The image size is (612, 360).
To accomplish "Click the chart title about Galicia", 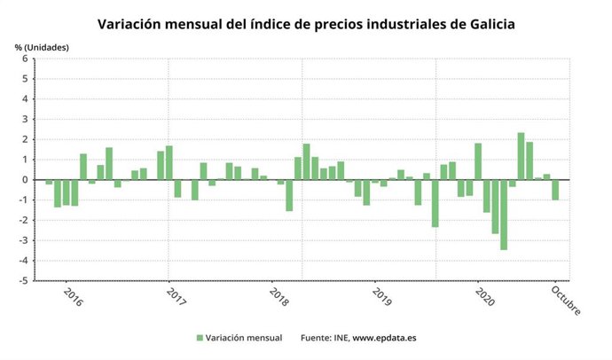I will click(x=306, y=22).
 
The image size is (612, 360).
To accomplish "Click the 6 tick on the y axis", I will click(x=25, y=59).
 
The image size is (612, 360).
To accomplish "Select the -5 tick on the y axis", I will click(x=23, y=280).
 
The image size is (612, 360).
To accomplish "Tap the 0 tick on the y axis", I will click(x=25, y=180).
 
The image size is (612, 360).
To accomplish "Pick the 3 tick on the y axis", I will click(x=25, y=120).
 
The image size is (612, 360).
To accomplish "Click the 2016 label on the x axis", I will click(x=73, y=295).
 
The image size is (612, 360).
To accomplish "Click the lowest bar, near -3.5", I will click(x=504, y=215).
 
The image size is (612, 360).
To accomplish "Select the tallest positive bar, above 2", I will click(x=521, y=156).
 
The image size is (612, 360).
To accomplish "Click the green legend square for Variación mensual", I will click(x=200, y=338).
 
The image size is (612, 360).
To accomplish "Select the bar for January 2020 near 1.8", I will click(x=478, y=161).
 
